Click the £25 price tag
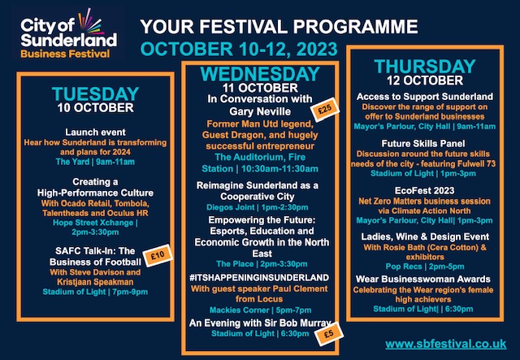(325, 110)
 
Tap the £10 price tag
(158, 255)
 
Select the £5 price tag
(328, 334)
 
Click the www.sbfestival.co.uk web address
(446, 344)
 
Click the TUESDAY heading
(96, 94)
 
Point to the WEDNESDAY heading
(260, 74)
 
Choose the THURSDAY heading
(425, 67)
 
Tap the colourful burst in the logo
(89, 22)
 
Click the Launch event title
(96, 132)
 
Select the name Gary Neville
(260, 111)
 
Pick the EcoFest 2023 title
(424, 191)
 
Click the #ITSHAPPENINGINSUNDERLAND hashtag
(259, 278)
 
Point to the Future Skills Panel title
(423, 144)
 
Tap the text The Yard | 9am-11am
(95, 162)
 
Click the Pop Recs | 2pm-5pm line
(425, 267)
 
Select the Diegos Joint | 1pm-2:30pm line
(258, 207)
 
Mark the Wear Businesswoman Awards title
(423, 279)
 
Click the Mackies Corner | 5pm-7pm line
(260, 310)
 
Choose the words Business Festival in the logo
(65, 54)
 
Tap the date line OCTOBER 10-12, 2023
(239, 49)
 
